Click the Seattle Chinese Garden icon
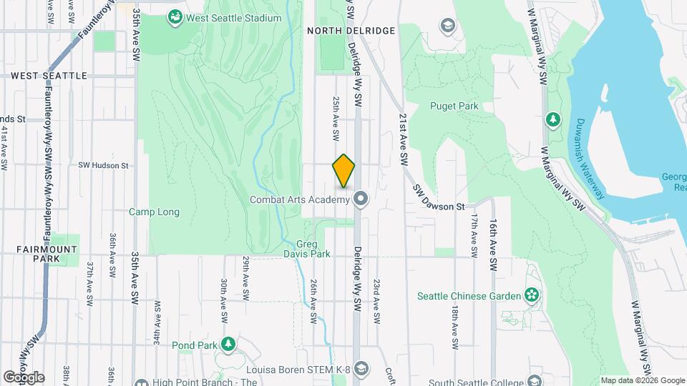pos(531,295)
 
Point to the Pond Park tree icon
pos(228,345)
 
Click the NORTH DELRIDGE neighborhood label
pos(351,31)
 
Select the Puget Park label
pos(454,106)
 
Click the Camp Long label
pos(154,212)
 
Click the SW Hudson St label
pos(103,165)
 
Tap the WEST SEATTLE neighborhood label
pos(49,75)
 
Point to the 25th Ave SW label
pos(335,119)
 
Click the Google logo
pos(24,377)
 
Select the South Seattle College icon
pos(534,380)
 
